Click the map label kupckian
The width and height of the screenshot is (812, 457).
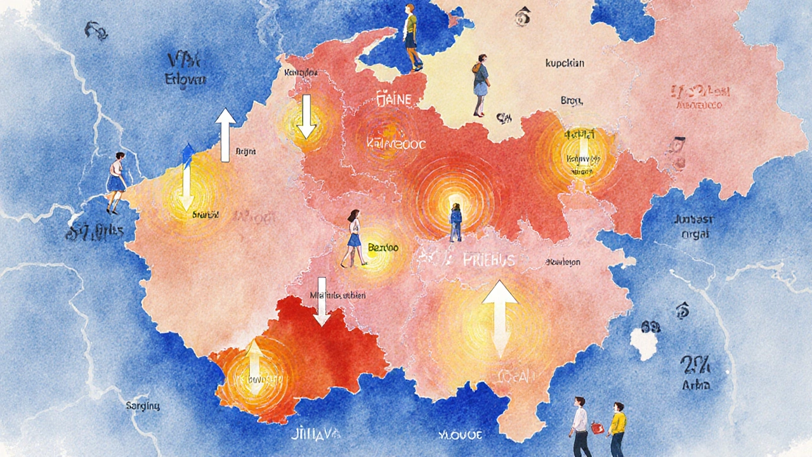(565, 63)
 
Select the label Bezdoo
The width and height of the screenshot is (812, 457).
(383, 248)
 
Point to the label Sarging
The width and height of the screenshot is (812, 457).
(143, 405)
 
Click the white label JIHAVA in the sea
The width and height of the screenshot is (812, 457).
(317, 434)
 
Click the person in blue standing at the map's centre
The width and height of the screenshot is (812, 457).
(455, 222)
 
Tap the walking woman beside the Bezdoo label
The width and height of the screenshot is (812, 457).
(353, 238)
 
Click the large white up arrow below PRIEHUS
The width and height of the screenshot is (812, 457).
(501, 317)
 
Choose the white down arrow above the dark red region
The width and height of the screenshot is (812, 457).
(322, 301)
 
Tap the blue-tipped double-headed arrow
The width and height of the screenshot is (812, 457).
(187, 176)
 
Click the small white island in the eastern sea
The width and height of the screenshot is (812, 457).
(645, 343)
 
